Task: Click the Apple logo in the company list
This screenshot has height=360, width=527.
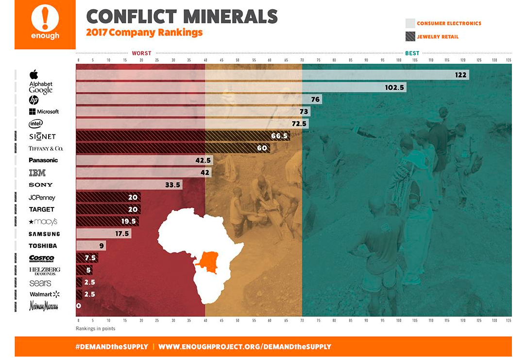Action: point(34,75)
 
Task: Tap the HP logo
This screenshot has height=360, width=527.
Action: point(34,100)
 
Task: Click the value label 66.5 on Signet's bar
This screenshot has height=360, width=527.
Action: point(279,137)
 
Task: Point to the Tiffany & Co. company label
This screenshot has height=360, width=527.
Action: point(46,149)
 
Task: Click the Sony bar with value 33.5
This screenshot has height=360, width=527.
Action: point(129,185)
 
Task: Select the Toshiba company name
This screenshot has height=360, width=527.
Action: point(43,246)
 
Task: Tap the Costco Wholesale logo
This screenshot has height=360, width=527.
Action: point(41,258)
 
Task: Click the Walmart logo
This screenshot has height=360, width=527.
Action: point(44,294)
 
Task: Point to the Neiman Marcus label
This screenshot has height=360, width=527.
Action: point(44,306)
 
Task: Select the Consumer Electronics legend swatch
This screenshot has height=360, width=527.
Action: point(410,23)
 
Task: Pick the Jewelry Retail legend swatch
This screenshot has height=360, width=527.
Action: point(410,36)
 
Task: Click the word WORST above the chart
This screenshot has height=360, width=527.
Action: point(141,53)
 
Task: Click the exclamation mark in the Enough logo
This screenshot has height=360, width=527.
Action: point(45,19)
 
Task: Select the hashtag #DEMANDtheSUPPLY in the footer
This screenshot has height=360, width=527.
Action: point(111,347)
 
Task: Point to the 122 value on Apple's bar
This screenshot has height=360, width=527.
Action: point(460,75)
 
